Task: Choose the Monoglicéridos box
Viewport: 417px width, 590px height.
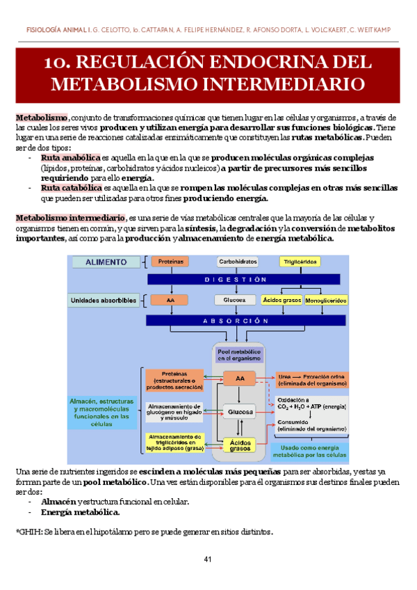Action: point(325,301)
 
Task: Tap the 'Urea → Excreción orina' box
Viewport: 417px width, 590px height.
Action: point(311,378)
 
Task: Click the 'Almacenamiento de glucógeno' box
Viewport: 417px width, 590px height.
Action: point(174,411)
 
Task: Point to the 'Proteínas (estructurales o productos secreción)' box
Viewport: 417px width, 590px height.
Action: point(174,378)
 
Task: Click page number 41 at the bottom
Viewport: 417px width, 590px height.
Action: point(208,560)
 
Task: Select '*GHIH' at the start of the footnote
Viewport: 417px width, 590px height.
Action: point(28,532)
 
